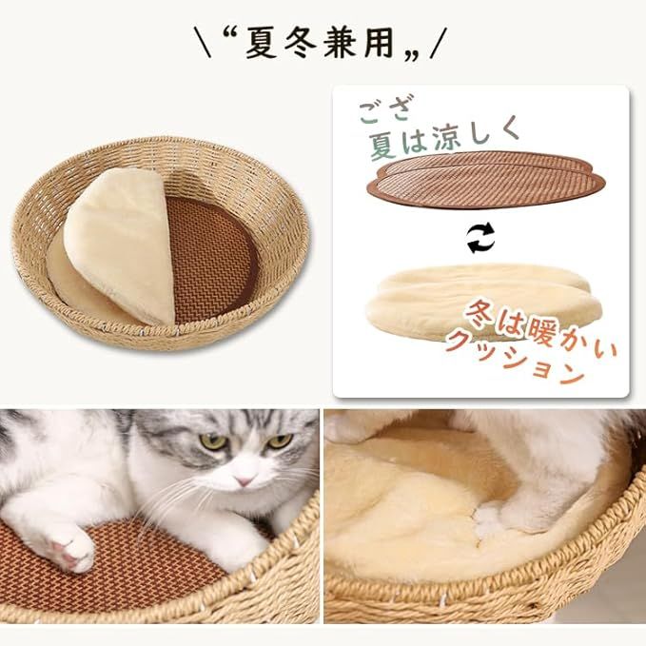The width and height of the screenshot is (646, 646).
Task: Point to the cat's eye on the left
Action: tap(214, 441)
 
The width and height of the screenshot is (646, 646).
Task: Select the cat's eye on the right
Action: tap(279, 441)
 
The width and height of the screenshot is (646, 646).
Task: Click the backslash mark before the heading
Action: tap(201, 43)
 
